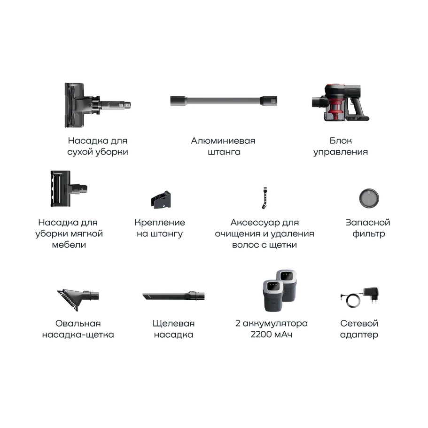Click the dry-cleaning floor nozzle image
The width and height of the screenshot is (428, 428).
[x=93, y=105]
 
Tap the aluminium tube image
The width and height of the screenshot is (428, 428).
[x=224, y=101]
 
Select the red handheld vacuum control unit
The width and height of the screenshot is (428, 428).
[x=341, y=102]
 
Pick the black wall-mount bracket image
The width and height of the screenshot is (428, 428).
[x=161, y=200]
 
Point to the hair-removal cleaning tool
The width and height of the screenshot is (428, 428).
[x=265, y=198]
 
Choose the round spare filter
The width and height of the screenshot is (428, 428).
[x=369, y=198]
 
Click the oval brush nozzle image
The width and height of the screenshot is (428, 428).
[x=78, y=299]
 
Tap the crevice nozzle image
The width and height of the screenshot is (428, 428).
[x=174, y=296]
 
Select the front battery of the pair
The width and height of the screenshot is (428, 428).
[x=273, y=296]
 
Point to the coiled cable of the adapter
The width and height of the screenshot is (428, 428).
[x=353, y=301]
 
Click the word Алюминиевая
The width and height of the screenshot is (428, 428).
[x=223, y=140]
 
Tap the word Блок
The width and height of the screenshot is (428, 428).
[x=341, y=140]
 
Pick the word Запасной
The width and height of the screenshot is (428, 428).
[x=368, y=223]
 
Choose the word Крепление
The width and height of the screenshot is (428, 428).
[x=160, y=223]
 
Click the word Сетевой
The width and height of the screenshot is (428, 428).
[x=359, y=323]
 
